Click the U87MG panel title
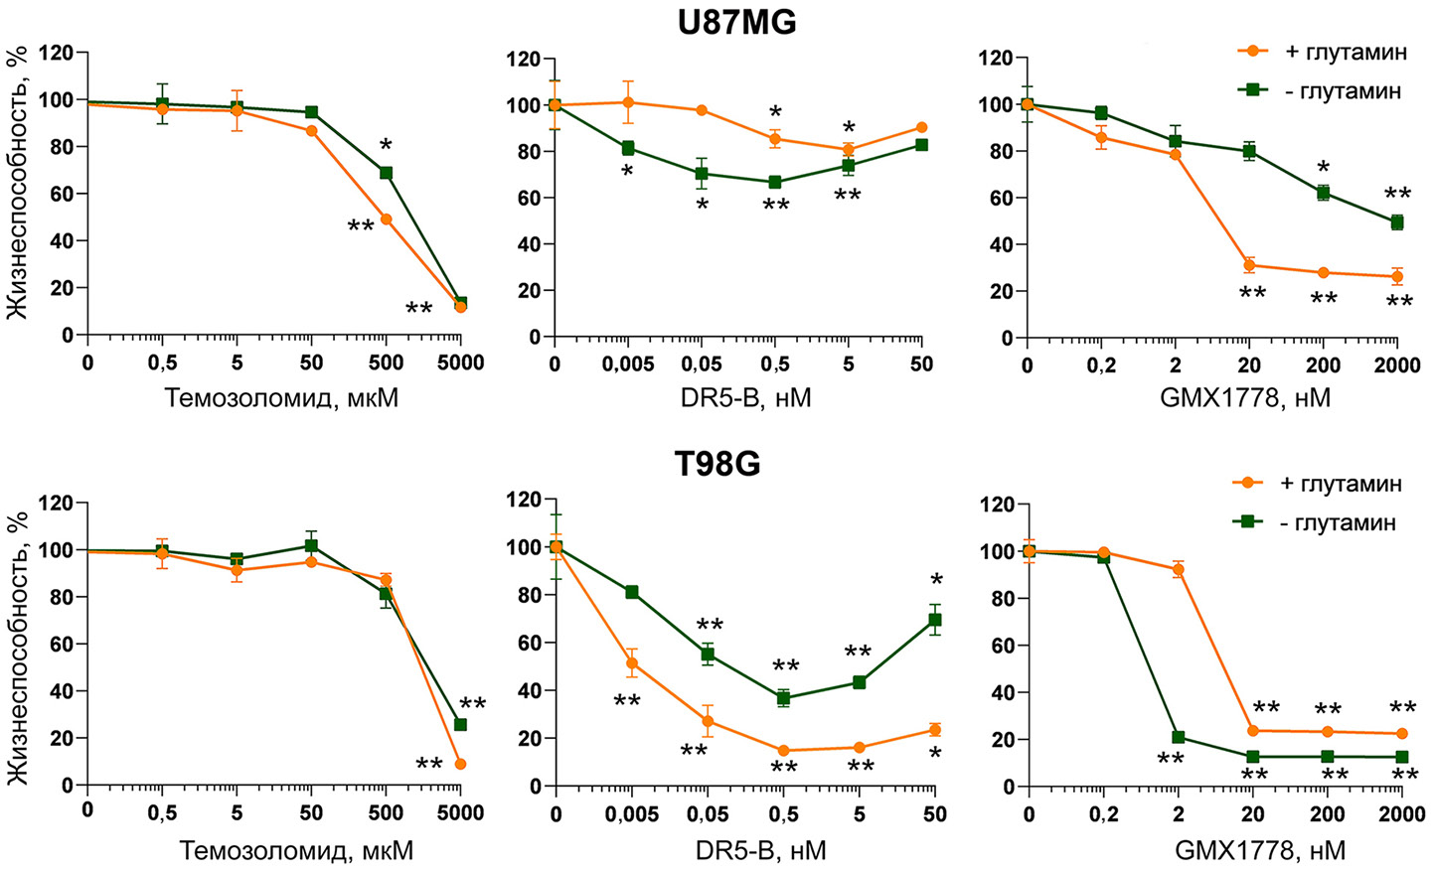click(x=736, y=22)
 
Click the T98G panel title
click(x=717, y=463)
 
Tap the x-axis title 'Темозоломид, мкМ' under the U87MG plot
click(x=281, y=398)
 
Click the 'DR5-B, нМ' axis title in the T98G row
click(x=754, y=850)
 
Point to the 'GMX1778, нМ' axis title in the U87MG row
click(x=1244, y=398)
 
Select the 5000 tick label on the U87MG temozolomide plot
click(x=460, y=364)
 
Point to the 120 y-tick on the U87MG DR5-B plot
click(x=523, y=60)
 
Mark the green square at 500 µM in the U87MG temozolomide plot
click(x=386, y=173)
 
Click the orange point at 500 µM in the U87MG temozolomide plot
click(x=386, y=219)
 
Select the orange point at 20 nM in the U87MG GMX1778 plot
click(x=1249, y=265)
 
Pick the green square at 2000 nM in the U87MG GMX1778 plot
click(x=1397, y=222)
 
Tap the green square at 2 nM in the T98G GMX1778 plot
click(x=1178, y=737)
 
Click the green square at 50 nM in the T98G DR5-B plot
click(x=934, y=620)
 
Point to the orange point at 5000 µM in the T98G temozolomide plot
click(x=460, y=764)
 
